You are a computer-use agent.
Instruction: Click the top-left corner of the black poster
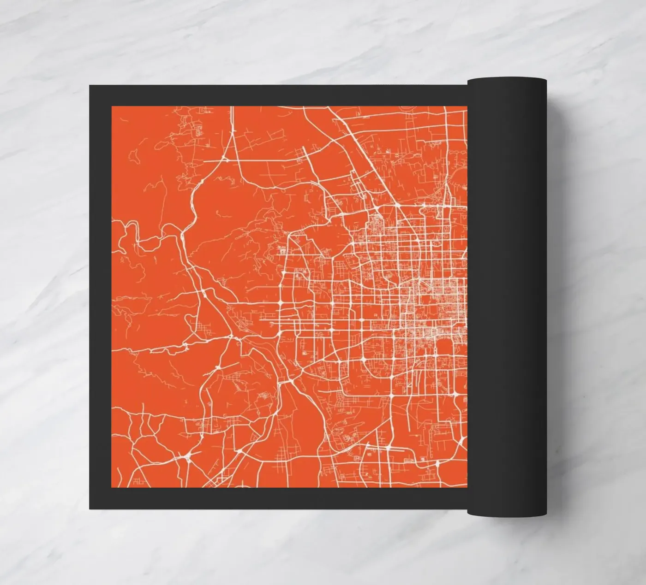90,85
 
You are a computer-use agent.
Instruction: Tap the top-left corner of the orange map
113,107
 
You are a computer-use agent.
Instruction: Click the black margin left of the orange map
101,295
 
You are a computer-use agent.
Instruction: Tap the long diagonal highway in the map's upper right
369,157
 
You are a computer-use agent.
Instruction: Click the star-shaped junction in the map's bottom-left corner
188,455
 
